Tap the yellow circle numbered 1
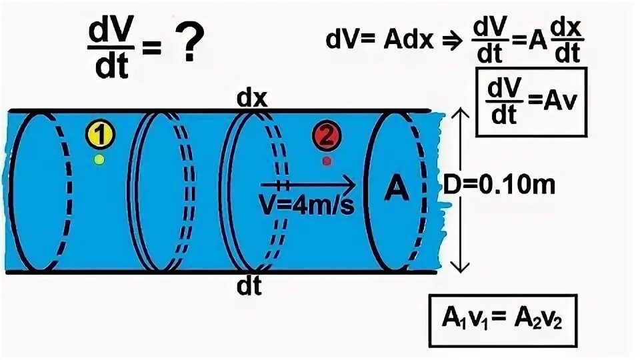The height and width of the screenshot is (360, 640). point(99,137)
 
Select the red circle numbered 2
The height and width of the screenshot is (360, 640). point(326,137)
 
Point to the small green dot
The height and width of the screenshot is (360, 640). point(99,159)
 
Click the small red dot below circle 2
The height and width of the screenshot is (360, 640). point(326,161)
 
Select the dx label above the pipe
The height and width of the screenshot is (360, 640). point(252,98)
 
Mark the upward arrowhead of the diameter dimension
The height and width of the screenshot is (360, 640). point(459,115)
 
